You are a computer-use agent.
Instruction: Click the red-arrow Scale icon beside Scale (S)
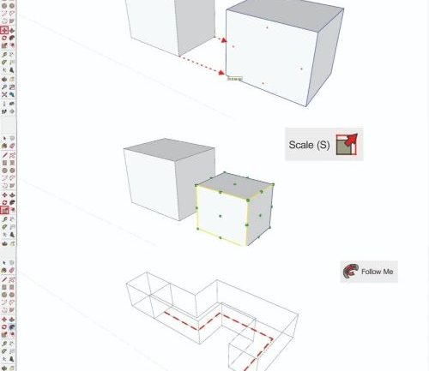(x=347, y=145)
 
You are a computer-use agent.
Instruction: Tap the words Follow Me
(x=377, y=272)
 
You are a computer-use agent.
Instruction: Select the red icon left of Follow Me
(x=350, y=272)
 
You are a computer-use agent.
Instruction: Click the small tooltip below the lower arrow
(x=234, y=79)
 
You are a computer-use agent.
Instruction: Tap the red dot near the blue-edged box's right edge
(x=301, y=69)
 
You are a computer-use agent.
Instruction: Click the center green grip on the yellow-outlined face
(x=221, y=216)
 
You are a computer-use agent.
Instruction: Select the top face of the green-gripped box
(x=235, y=181)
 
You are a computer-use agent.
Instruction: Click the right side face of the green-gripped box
(x=261, y=213)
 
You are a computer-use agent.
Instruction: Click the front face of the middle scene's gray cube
(x=152, y=189)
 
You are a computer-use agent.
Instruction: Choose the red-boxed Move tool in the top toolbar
(x=5, y=30)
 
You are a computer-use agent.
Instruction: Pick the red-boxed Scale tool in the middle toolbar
(x=5, y=210)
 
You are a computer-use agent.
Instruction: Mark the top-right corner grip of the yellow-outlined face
(x=249, y=200)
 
